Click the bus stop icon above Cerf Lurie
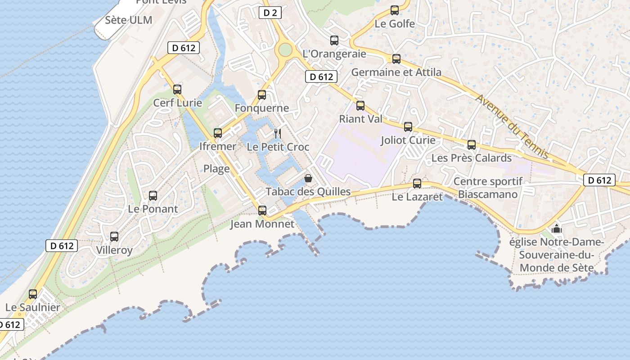pyautogui.click(x=177, y=90)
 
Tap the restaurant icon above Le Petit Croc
pyautogui.click(x=278, y=134)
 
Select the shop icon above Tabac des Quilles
pyautogui.click(x=308, y=178)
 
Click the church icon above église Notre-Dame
pyautogui.click(x=557, y=229)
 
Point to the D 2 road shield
pyautogui.click(x=270, y=13)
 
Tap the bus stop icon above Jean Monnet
pyautogui.click(x=262, y=210)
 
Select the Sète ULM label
pyautogui.click(x=129, y=20)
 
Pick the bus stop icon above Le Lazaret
pyautogui.click(x=417, y=184)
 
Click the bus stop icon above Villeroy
pyautogui.click(x=114, y=237)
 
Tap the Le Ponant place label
pyautogui.click(x=153, y=209)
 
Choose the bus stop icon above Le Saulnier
pyautogui.click(x=33, y=294)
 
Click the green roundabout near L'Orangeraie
pyautogui.click(x=285, y=50)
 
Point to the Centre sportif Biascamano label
pyautogui.click(x=488, y=188)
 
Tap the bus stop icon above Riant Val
pyautogui.click(x=360, y=106)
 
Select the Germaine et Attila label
pyautogui.click(x=396, y=72)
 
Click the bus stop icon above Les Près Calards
pyautogui.click(x=472, y=145)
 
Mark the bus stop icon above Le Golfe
pyautogui.click(x=395, y=10)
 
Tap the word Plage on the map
pyautogui.click(x=216, y=169)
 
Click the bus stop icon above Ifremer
pyautogui.click(x=218, y=133)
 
